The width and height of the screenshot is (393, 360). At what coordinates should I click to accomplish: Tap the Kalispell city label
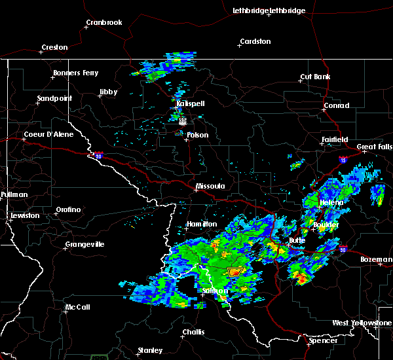pyautogui.click(x=190, y=103)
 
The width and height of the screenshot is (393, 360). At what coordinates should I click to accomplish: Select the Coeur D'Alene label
pyautogui.click(x=47, y=135)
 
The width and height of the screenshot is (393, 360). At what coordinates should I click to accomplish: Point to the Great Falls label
pyautogui.click(x=374, y=147)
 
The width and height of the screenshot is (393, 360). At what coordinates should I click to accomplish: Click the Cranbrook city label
pyautogui.click(x=103, y=22)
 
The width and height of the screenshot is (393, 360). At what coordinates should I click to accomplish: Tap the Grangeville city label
pyautogui.click(x=84, y=245)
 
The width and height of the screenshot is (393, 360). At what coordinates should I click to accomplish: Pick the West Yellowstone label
pyautogui.click(x=362, y=323)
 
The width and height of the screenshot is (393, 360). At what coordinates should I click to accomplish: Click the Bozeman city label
pyautogui.click(x=376, y=259)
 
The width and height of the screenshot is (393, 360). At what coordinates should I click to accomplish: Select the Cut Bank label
pyautogui.click(x=315, y=77)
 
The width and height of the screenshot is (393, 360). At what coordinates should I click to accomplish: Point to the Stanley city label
pyautogui.click(x=149, y=350)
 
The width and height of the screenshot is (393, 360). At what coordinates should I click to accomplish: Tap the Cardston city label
pyautogui.click(x=255, y=41)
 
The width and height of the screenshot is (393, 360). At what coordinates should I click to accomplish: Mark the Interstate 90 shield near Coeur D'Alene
pyautogui.click(x=98, y=156)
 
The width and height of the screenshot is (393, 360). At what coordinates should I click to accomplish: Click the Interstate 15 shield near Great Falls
pyautogui.click(x=343, y=159)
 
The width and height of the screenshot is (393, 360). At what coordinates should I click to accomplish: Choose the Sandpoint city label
pyautogui.click(x=54, y=98)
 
